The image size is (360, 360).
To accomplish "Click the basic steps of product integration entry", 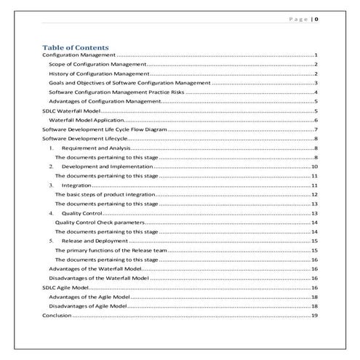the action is [x=105, y=195].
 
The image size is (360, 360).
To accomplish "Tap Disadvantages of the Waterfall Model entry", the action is [x=98, y=278].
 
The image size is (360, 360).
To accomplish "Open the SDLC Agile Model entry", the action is [x=67, y=288].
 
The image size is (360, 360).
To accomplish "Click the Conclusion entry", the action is [x=57, y=316].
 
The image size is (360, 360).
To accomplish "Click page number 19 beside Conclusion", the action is [x=314, y=316].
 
